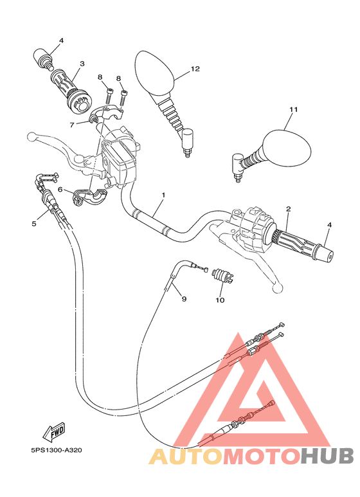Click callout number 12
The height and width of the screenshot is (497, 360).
[195, 69]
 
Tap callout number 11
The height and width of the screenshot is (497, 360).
[293, 110]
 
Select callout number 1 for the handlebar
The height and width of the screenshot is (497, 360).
[164, 194]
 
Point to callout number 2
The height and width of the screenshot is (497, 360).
[289, 209]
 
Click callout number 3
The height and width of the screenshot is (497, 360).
[82, 64]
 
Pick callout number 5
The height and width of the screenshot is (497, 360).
[34, 224]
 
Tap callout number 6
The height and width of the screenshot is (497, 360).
[60, 190]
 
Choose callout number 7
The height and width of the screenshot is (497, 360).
[73, 124]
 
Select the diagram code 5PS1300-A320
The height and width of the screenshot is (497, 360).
[55, 451]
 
